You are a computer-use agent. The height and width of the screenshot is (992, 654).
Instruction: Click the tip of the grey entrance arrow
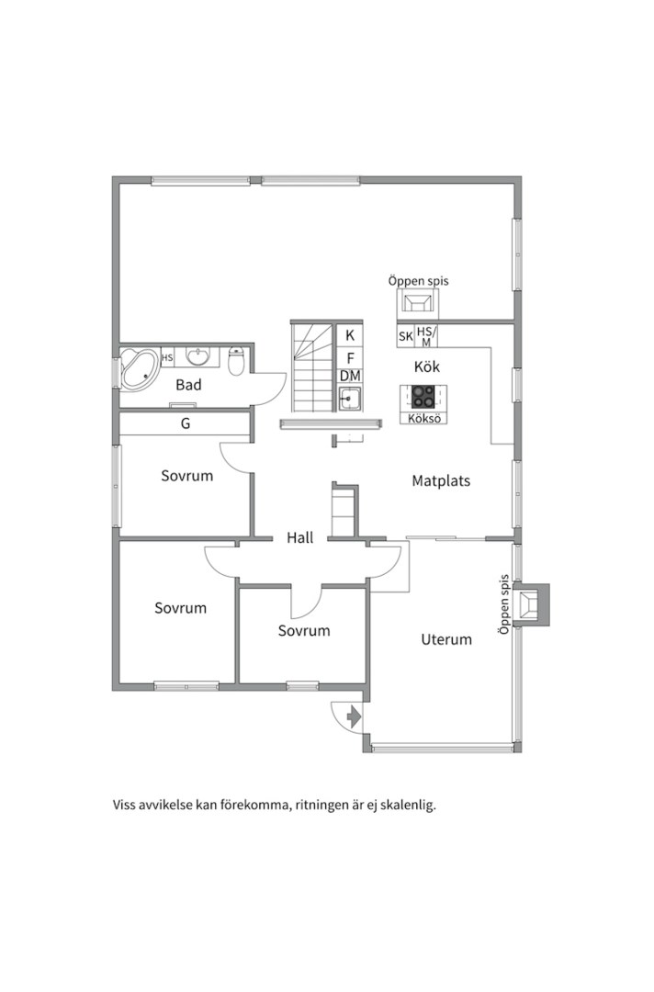click(x=361, y=716)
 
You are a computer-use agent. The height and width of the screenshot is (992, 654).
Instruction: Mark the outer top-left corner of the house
click(x=113, y=176)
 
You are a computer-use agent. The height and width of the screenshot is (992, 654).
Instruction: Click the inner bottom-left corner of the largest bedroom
click(x=120, y=682)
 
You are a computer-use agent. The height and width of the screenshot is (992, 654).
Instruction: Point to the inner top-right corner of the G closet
click(x=249, y=413)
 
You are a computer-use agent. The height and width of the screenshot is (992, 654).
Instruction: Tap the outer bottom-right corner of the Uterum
click(x=522, y=752)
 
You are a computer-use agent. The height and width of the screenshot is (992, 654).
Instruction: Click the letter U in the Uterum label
click(x=425, y=639)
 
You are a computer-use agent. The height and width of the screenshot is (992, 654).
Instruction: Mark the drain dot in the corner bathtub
click(x=146, y=376)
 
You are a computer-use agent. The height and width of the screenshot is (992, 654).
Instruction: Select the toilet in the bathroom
click(x=236, y=361)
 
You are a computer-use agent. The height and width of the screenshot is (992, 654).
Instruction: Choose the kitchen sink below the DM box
click(x=349, y=399)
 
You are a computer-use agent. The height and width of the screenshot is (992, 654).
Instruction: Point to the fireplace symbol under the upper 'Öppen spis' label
click(x=417, y=303)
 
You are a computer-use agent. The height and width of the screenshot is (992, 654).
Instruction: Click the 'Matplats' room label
click(x=441, y=480)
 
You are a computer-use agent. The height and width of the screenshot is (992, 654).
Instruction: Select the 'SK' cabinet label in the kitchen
click(x=405, y=337)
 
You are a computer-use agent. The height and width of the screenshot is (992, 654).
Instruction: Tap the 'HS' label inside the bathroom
click(x=167, y=357)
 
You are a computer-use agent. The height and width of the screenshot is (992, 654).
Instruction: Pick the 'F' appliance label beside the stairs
click(x=350, y=359)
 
